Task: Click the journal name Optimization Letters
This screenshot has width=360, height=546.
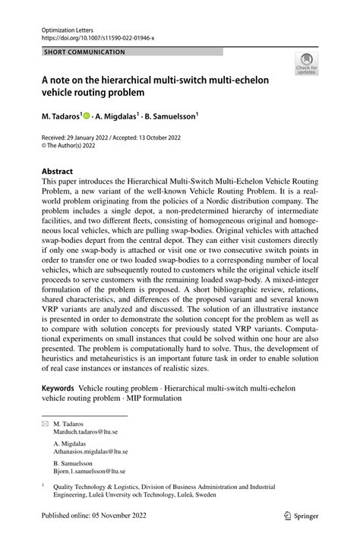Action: point(66,28)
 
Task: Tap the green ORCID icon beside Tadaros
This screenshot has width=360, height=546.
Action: point(87,117)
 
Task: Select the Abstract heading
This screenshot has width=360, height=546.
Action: point(58,172)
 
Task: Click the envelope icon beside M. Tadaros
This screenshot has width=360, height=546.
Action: point(45,422)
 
